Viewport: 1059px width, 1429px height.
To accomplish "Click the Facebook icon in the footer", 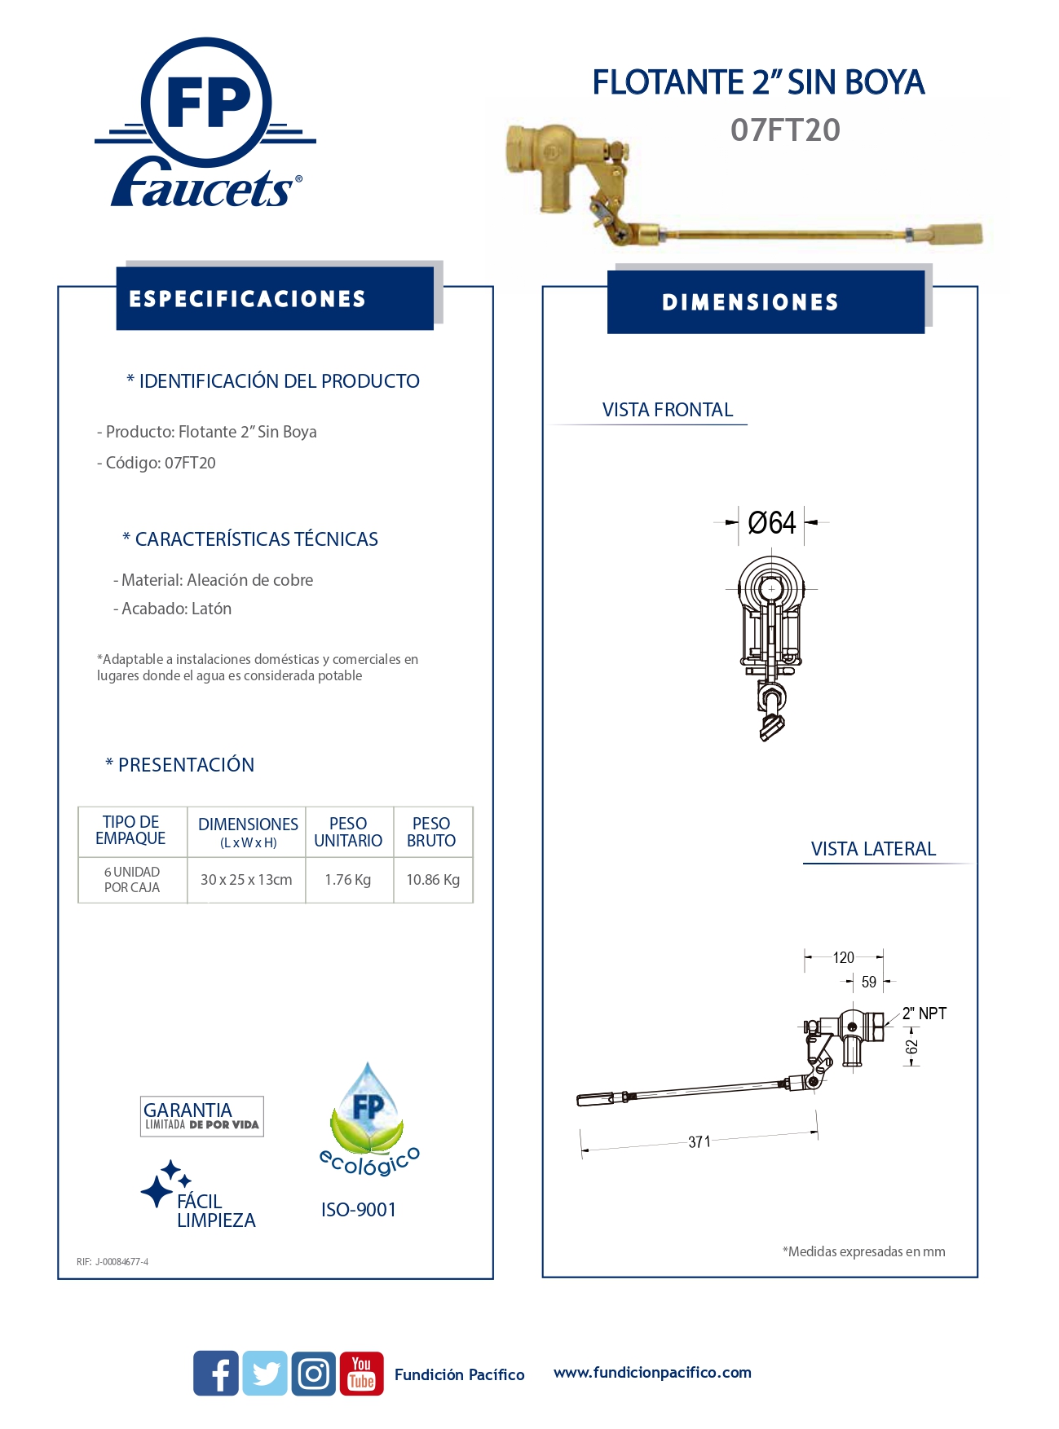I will tap(216, 1373).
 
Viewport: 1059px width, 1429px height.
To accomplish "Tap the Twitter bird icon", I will tap(265, 1373).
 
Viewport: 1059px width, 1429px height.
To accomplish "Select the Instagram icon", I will tap(314, 1373).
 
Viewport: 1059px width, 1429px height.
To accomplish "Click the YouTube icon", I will tap(361, 1373).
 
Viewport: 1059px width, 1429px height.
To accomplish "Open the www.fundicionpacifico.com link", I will tap(652, 1372).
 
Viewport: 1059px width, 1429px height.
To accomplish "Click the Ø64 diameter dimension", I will tap(771, 522).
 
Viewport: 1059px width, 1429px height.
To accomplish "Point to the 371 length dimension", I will tap(699, 1141).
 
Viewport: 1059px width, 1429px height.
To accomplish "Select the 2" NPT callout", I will tap(924, 1013).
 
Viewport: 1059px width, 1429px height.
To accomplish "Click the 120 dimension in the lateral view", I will tap(844, 957).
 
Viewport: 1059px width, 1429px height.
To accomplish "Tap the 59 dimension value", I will tap(869, 982).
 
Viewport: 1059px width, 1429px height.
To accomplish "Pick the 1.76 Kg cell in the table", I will tap(348, 880).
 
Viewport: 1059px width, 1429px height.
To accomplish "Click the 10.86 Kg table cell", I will tap(433, 880).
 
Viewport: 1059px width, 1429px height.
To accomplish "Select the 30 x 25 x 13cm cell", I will tap(246, 880).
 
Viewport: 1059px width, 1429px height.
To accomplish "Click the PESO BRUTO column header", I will tap(431, 832).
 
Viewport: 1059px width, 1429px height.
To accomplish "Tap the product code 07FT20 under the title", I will tap(785, 130).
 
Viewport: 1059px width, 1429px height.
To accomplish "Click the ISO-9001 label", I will tap(359, 1210).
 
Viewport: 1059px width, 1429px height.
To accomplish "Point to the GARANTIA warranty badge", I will tap(201, 1116).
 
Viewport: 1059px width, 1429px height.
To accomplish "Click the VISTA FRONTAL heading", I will tap(668, 410).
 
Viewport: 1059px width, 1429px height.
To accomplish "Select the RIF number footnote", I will tap(113, 1262).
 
